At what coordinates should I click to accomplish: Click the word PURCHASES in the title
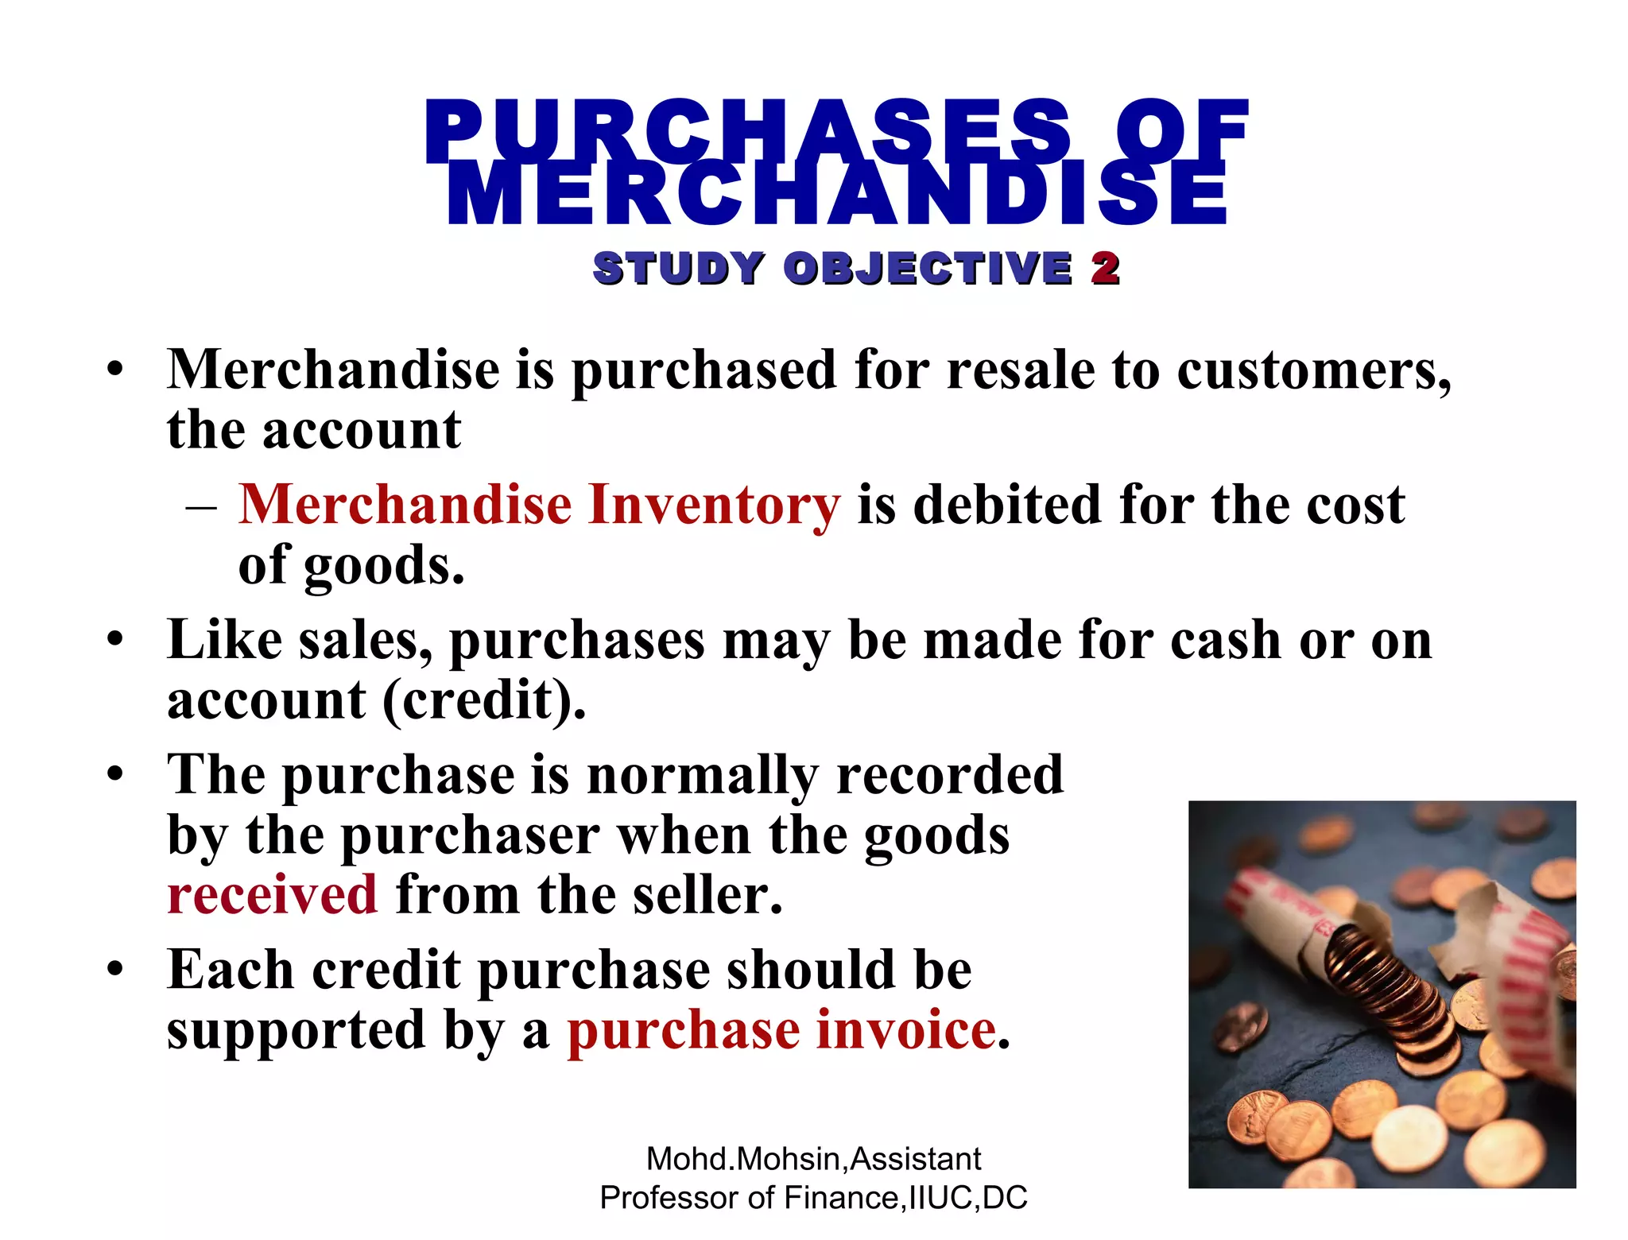[x=747, y=131]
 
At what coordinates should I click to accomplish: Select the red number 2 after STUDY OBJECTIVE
[x=1105, y=268]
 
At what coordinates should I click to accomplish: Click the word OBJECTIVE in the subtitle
[x=928, y=268]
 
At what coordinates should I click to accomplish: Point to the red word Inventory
[x=713, y=506]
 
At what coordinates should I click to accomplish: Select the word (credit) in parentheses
[x=484, y=701]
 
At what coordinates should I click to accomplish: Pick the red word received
[x=272, y=895]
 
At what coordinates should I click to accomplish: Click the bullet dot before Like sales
[x=116, y=640]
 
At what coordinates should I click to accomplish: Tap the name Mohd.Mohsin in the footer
[x=745, y=1159]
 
